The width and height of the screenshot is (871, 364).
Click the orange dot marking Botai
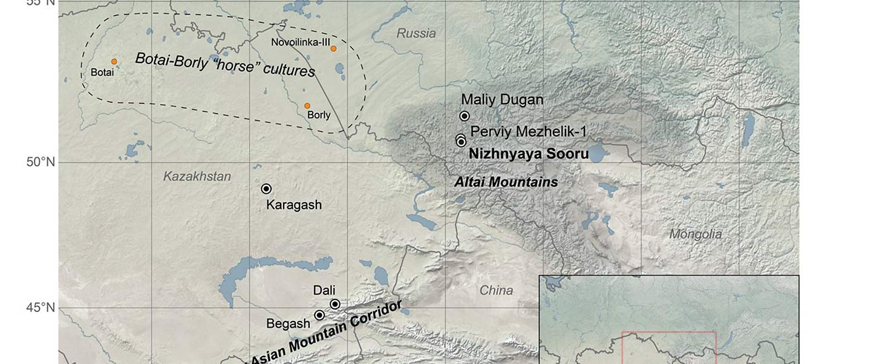point(114,62)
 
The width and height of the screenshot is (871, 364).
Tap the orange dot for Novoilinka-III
point(333,48)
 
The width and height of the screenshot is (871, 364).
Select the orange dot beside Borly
point(307,105)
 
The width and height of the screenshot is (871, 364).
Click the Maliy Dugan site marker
point(465,116)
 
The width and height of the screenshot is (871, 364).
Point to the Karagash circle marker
point(266,189)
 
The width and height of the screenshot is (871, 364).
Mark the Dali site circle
point(335,304)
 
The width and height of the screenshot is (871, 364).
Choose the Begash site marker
point(319,315)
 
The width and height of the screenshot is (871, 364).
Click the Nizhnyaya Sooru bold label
point(529,154)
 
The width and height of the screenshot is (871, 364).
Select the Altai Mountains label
point(506,182)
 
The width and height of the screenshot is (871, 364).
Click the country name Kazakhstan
point(197,177)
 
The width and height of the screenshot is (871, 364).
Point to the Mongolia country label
point(696,234)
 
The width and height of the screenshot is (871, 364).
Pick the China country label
point(496,291)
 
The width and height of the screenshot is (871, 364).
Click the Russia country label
point(416,33)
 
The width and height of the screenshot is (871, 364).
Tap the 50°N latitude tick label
point(40,162)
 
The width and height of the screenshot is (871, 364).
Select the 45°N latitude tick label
point(40,308)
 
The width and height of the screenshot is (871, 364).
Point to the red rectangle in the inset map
point(669,333)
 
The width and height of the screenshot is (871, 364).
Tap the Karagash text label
point(294,205)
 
